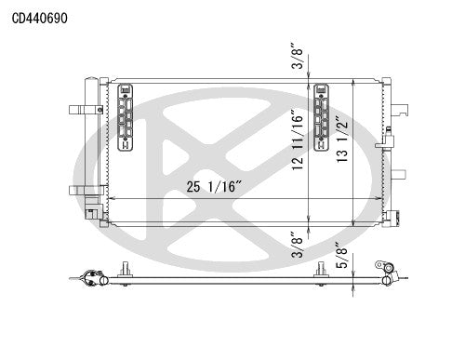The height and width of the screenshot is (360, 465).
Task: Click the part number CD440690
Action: (x=40, y=17)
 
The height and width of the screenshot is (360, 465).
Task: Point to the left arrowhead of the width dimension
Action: (x=111, y=199)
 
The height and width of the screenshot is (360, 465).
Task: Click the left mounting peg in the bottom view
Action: (x=124, y=270)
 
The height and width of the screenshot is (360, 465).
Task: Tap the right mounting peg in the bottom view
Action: (x=322, y=270)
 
